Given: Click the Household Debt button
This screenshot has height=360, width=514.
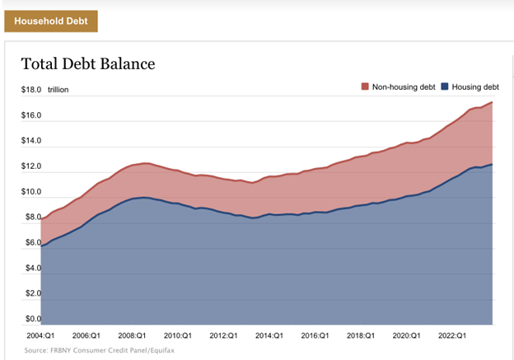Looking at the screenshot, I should [x=51, y=21].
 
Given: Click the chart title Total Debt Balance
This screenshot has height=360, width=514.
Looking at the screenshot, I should [x=87, y=63].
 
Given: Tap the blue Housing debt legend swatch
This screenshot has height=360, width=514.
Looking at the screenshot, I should [x=445, y=86].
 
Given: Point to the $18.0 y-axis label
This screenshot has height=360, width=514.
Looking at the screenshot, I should [x=32, y=89].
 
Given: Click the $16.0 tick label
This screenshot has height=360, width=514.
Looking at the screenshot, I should [x=32, y=115].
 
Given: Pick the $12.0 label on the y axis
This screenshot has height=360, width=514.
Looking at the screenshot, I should [x=32, y=167].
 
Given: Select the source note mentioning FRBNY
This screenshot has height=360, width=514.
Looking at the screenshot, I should [x=99, y=350].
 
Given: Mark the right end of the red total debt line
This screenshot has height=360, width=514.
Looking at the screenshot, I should [x=493, y=102].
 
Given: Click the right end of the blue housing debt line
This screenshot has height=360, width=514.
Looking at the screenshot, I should [x=493, y=165].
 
